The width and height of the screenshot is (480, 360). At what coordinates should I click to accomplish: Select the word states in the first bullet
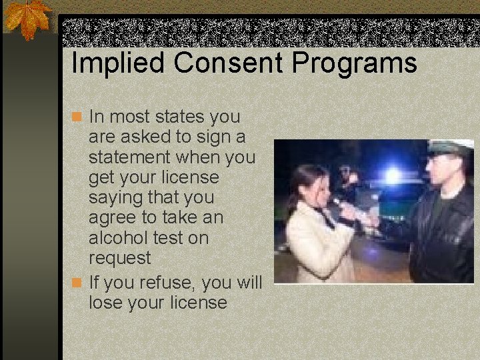179,117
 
